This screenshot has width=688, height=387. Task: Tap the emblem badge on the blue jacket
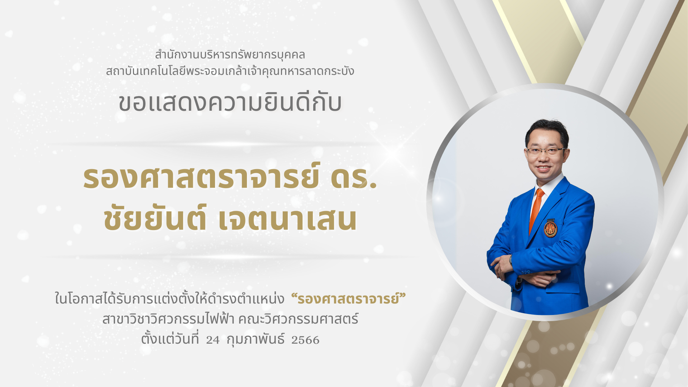550,229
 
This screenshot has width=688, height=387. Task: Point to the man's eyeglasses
545,150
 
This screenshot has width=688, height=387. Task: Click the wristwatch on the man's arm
511,259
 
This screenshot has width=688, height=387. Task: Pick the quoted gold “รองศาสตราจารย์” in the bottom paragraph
349,298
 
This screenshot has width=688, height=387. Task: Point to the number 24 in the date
213,340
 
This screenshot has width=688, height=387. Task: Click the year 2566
305,340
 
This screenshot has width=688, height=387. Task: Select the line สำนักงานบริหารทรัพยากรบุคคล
230,55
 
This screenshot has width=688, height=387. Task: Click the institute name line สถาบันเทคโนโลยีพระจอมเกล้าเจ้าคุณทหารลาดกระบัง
230,70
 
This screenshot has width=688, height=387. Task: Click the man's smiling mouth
543,168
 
